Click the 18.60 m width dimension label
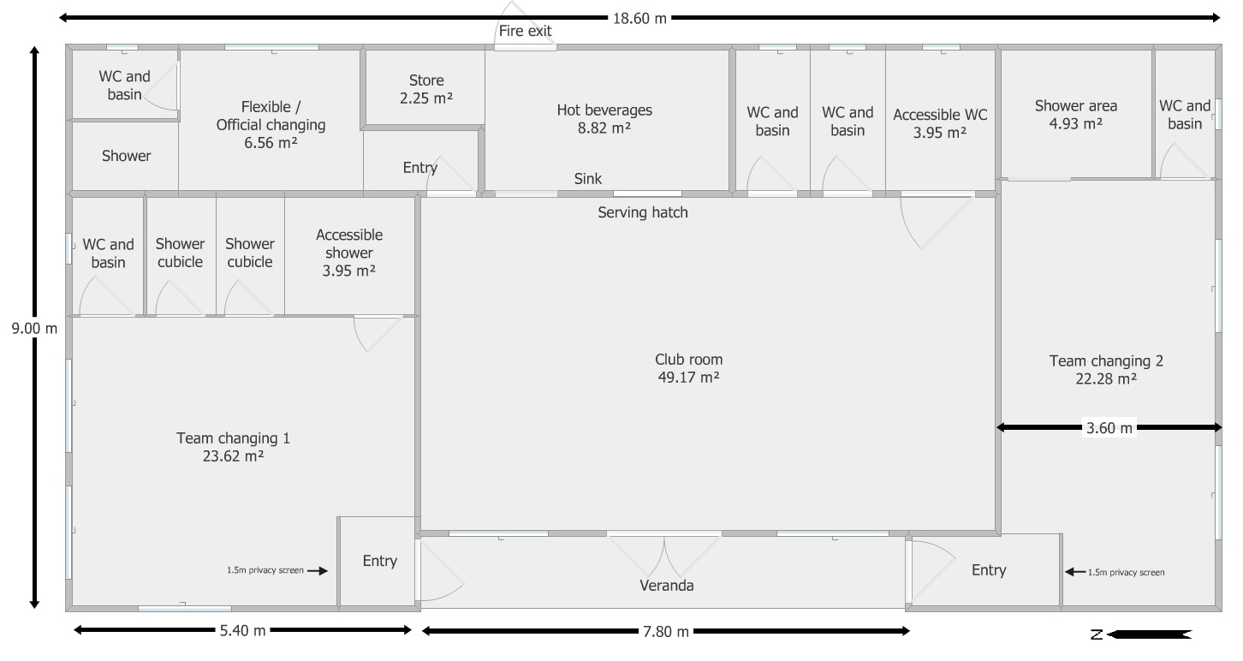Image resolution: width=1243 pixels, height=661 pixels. (639, 18)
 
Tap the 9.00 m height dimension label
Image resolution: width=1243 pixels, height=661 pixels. (34, 329)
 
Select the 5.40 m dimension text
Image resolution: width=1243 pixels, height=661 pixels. (242, 630)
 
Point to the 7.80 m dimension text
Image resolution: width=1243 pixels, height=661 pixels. (666, 632)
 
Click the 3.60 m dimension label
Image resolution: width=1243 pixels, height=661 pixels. (1109, 428)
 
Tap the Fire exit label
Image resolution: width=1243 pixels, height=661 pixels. (525, 31)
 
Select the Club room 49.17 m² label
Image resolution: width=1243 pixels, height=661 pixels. (688, 368)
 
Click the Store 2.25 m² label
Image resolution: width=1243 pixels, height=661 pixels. (426, 89)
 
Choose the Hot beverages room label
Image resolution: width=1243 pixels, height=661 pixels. (604, 119)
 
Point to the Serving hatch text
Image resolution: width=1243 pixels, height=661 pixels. (643, 212)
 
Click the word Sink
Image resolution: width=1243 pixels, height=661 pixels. (587, 179)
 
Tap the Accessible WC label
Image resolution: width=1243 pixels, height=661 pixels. (940, 123)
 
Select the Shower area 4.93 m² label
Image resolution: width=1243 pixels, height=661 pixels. (1076, 115)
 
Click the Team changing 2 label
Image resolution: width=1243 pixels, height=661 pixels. (1106, 370)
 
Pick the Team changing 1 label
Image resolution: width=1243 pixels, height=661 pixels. (233, 447)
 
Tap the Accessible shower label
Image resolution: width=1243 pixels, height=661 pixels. (349, 253)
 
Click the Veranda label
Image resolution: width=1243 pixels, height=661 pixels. (667, 586)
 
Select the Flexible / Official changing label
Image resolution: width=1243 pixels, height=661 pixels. (271, 124)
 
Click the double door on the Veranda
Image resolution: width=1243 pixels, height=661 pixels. (664, 555)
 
